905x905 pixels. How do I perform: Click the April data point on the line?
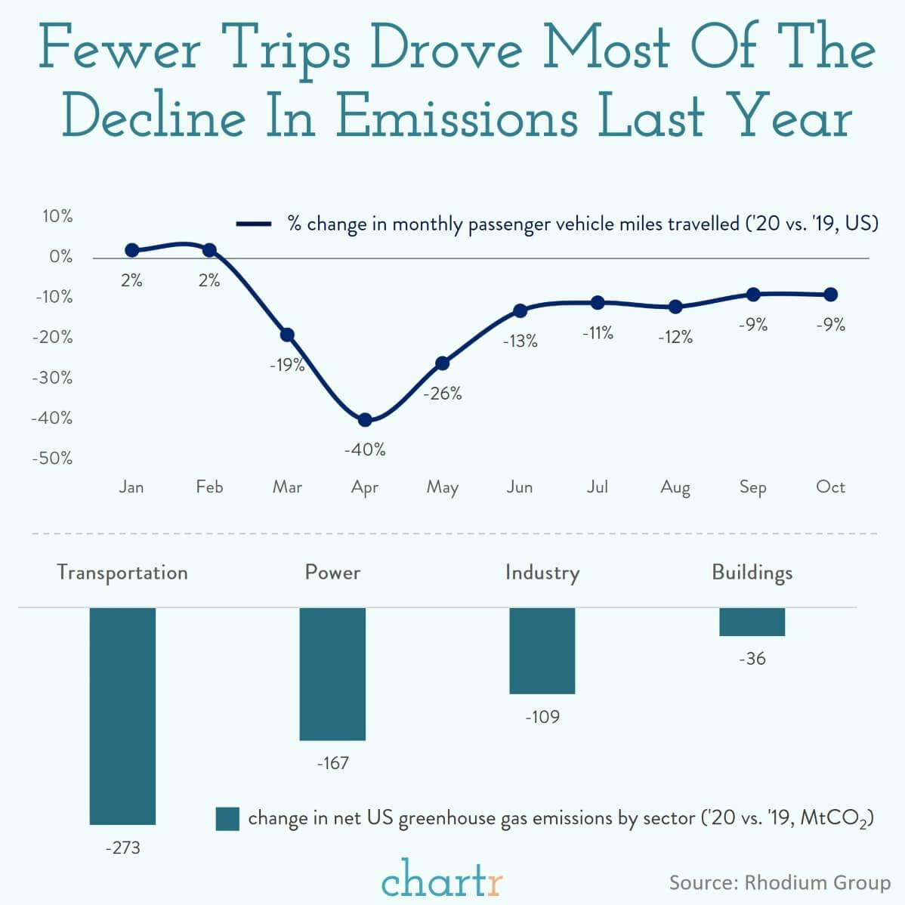pos(365,420)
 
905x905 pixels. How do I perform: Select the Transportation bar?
pos(122,715)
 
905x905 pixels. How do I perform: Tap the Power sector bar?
pos(332,674)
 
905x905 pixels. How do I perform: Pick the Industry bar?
pos(542,650)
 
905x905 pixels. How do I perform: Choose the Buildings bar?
pos(752,622)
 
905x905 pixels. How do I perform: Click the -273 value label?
pos(122,848)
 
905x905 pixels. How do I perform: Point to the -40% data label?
pos(365,449)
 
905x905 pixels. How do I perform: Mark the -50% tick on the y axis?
pos(52,459)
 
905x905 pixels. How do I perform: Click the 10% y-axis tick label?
pos(57,217)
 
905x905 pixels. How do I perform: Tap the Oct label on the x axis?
pos(830,487)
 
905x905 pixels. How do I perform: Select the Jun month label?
pos(520,487)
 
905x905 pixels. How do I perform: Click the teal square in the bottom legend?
pos(227,819)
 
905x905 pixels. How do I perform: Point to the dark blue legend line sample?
pos(254,224)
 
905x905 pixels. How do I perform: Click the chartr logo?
pos(442,878)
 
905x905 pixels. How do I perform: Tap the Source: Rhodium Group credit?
pos(779,882)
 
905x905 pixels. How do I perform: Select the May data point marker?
pos(443,363)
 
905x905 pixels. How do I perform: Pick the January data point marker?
pos(131,250)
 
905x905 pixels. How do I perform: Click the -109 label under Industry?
pos(542,716)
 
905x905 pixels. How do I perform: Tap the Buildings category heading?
pos(752,572)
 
